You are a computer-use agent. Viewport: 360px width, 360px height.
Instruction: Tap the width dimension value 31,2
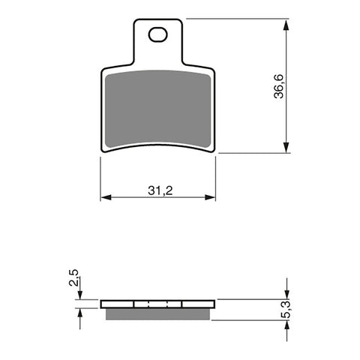[158, 190]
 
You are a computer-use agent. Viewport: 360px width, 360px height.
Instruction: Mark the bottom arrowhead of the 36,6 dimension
[286, 148]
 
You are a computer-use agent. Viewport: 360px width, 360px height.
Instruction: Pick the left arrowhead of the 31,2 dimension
[105, 198]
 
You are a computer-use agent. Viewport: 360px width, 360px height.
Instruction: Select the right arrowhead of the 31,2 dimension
[212, 198]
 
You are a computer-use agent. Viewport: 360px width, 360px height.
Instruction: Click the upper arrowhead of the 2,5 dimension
[79, 295]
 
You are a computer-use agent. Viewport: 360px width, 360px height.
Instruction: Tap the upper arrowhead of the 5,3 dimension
[286, 294]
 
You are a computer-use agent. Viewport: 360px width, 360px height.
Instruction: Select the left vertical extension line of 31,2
[100, 180]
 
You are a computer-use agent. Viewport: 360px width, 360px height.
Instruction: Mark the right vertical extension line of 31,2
[217, 180]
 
